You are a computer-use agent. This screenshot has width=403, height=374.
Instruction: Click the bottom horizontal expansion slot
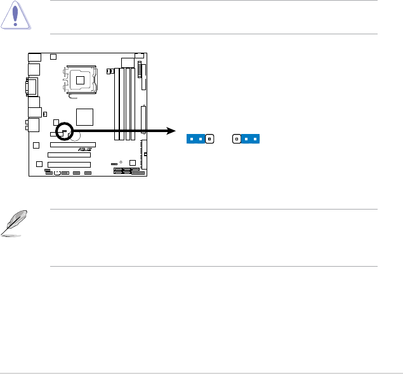click(x=69, y=164)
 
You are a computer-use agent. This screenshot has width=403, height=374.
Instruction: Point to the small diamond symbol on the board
click(x=120, y=154)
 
